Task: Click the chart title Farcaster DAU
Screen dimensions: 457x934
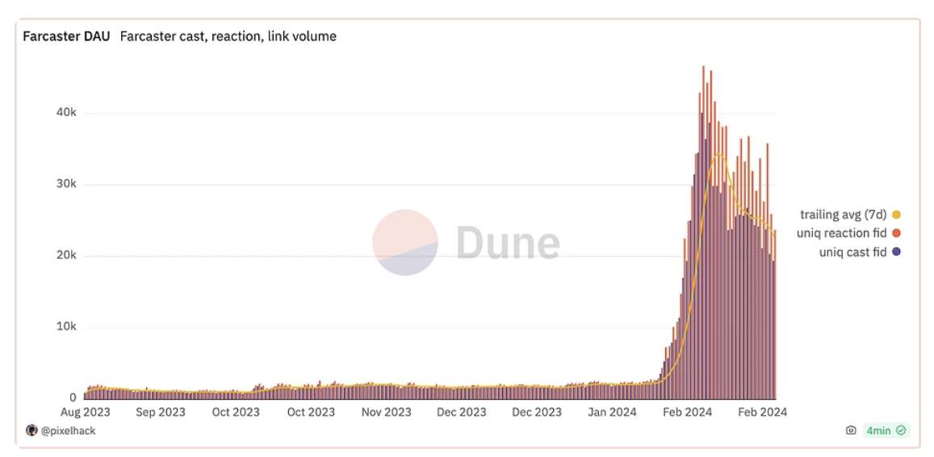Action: (66, 36)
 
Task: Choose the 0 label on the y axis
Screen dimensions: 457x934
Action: (73, 397)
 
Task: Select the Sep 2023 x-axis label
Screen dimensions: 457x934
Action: (160, 412)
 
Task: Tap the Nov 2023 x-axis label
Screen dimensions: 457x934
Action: (386, 412)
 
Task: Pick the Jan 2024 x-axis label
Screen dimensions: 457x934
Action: (612, 412)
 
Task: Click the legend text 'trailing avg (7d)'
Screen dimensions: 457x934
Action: (843, 215)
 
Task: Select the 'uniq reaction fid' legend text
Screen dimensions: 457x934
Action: (841, 233)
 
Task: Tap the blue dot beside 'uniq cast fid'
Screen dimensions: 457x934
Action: (896, 253)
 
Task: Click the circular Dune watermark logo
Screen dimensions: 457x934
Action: (405, 242)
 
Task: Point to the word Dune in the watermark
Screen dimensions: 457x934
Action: (508, 242)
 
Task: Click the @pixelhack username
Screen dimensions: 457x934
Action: (68, 431)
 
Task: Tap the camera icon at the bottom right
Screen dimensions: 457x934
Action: (851, 431)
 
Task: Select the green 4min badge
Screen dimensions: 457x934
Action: (886, 431)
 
